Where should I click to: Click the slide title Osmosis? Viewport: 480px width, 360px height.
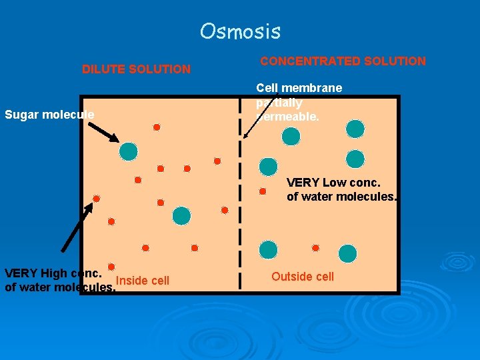click(x=240, y=31)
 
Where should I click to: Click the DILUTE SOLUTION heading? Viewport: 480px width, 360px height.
click(x=136, y=69)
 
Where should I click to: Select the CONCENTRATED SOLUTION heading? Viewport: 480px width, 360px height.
click(x=343, y=61)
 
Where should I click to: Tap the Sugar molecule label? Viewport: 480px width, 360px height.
click(x=49, y=115)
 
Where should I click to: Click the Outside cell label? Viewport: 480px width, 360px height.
click(x=303, y=277)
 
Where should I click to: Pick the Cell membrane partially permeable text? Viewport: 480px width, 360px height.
click(x=298, y=102)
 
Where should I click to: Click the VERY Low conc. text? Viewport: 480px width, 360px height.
click(x=333, y=182)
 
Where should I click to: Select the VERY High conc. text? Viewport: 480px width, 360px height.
click(x=53, y=273)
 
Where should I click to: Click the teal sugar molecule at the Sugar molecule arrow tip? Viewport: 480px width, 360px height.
click(x=128, y=151)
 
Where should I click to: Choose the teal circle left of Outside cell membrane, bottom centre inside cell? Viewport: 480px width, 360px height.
click(x=181, y=215)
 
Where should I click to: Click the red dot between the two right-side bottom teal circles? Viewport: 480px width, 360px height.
click(x=315, y=248)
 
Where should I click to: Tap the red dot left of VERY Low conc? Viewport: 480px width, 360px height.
click(x=263, y=191)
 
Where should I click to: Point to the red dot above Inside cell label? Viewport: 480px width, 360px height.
click(x=112, y=267)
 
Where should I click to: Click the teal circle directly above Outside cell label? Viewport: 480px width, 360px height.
click(x=268, y=250)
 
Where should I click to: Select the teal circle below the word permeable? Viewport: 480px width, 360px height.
click(x=291, y=137)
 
